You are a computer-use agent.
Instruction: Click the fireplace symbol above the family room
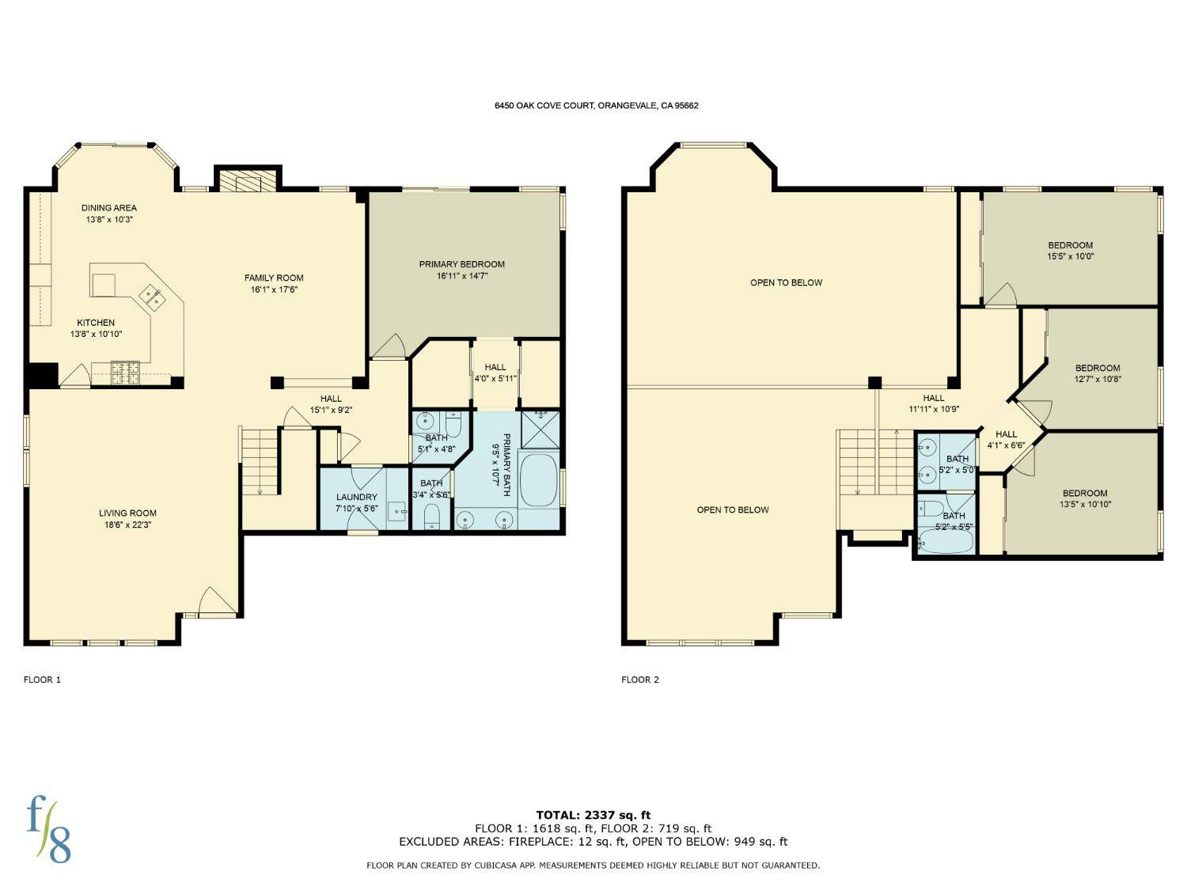[247, 181]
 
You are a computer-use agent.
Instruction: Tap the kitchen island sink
[152, 297]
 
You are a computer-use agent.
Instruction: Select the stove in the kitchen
[125, 368]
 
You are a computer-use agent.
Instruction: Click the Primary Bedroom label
[461, 264]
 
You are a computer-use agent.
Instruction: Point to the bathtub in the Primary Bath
[539, 479]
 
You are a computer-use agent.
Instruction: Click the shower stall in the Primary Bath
[540, 429]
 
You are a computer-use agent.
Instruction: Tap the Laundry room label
[356, 497]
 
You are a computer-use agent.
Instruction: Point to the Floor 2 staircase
[875, 462]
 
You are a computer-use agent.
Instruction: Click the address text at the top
[593, 105]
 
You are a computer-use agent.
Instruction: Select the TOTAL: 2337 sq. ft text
[593, 815]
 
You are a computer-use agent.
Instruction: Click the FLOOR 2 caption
[639, 680]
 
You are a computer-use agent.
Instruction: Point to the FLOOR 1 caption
[42, 680]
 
